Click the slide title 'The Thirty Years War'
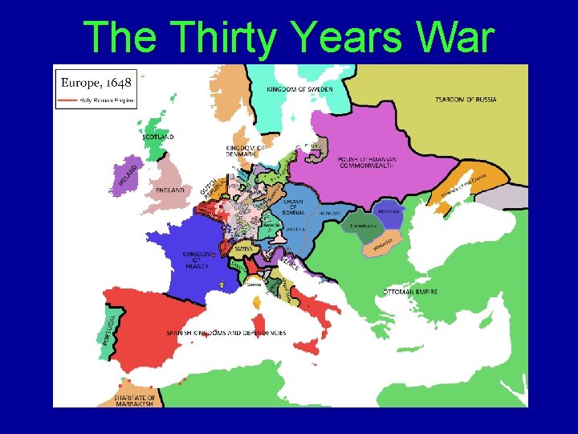(x=288, y=36)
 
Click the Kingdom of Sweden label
(x=299, y=89)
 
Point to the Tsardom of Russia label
(x=466, y=100)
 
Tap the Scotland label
(x=158, y=137)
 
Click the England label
(x=170, y=190)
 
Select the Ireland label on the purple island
(x=125, y=176)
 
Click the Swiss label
(x=244, y=249)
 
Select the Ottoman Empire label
(x=410, y=292)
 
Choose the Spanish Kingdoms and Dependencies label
(x=226, y=333)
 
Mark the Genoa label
(x=254, y=284)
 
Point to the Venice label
(x=290, y=263)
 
